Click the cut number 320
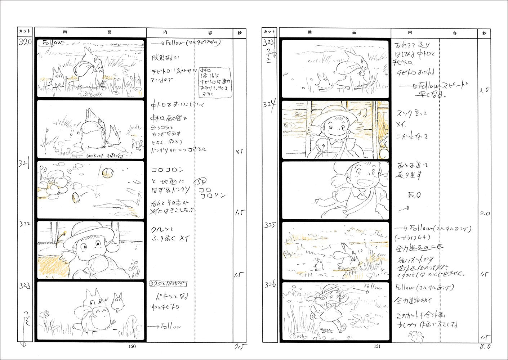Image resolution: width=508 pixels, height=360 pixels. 25,42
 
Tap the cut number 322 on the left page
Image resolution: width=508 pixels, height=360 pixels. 25,224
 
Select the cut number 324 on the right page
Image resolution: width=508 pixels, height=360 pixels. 269,104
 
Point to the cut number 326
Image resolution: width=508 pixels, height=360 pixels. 269,285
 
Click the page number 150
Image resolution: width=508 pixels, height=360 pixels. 132,347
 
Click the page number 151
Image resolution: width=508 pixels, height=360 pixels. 377,347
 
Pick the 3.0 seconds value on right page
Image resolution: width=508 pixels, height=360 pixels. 484,90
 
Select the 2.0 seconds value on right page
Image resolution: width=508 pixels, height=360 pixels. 485,213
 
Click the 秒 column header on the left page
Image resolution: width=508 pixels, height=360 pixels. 240,33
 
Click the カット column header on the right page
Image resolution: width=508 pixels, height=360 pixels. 269,32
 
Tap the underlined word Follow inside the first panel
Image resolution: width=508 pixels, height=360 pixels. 52,43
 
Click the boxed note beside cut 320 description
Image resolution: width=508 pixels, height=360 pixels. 215,82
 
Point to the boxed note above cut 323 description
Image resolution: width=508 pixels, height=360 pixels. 168,284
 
